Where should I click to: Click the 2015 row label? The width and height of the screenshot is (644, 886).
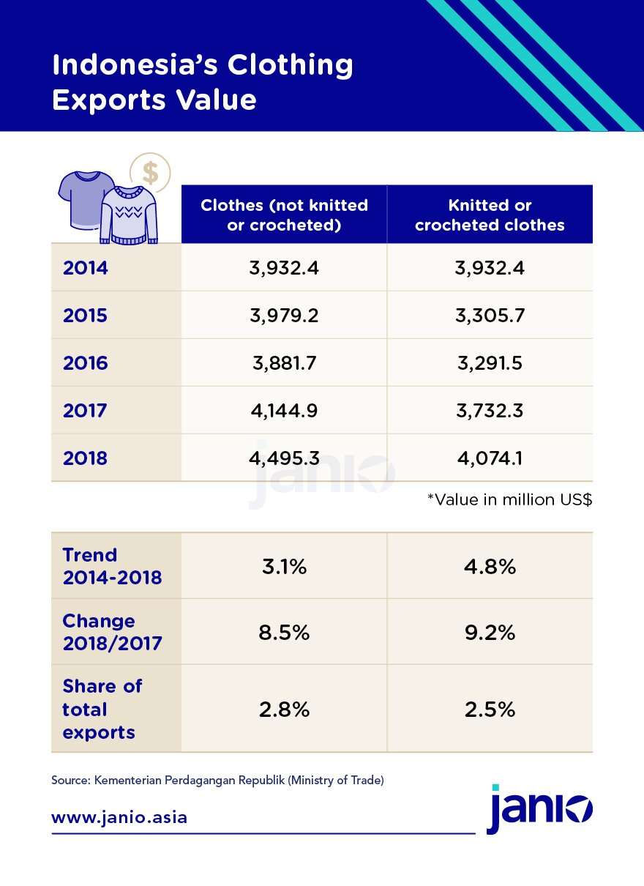pyautogui.click(x=85, y=316)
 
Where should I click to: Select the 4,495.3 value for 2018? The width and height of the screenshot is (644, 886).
pyautogui.click(x=284, y=458)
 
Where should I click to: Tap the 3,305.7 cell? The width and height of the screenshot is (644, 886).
pyautogui.click(x=490, y=316)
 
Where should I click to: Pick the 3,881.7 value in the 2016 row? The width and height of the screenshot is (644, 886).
pyautogui.click(x=284, y=363)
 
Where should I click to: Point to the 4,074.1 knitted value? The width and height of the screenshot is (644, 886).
pyautogui.click(x=490, y=458)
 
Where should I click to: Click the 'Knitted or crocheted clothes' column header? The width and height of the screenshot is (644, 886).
pyautogui.click(x=490, y=215)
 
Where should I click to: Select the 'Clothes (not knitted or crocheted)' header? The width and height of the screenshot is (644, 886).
pyautogui.click(x=284, y=215)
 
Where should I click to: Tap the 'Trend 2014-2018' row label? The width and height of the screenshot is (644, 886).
pyautogui.click(x=112, y=566)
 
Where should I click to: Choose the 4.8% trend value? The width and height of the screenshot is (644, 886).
pyautogui.click(x=490, y=567)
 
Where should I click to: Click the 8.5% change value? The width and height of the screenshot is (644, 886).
pyautogui.click(x=284, y=633)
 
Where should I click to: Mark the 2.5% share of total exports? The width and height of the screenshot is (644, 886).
pyautogui.click(x=490, y=710)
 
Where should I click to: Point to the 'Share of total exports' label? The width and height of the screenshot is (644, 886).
pyautogui.click(x=102, y=709)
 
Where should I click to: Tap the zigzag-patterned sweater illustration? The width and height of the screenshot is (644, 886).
pyautogui.click(x=130, y=215)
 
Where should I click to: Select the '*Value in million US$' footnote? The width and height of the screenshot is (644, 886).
pyautogui.click(x=509, y=500)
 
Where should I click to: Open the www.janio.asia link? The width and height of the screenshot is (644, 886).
pyautogui.click(x=119, y=817)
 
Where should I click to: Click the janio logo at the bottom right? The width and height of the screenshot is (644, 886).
pyautogui.click(x=539, y=811)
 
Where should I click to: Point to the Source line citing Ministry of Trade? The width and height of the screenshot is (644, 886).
pyautogui.click(x=217, y=781)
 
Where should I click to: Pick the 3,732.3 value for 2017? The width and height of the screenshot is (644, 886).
pyautogui.click(x=490, y=411)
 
